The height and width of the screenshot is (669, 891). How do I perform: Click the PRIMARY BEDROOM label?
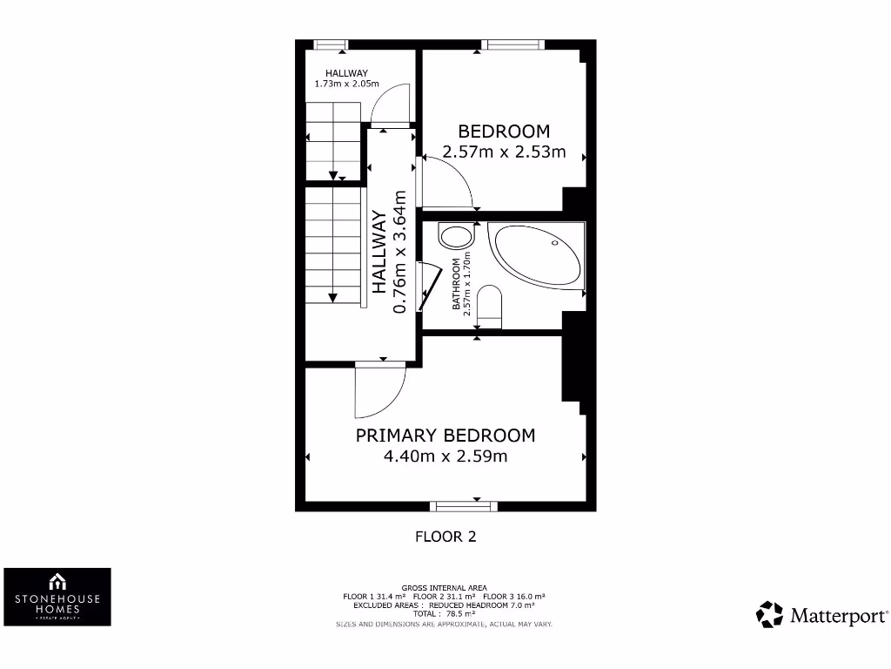pos(445,436)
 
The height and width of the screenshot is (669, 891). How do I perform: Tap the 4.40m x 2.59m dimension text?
pos(445,456)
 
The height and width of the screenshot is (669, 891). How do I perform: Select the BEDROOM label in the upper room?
pos(504,132)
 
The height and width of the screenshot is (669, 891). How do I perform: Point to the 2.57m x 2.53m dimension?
pos(504,152)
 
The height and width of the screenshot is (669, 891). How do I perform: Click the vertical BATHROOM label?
pos(456,285)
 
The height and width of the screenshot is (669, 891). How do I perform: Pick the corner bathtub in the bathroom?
pos(535,253)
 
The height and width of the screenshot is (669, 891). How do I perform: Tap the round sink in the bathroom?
pos(455,236)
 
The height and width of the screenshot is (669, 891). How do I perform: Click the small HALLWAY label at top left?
pos(347,73)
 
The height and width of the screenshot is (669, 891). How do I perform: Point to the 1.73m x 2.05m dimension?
pos(347,84)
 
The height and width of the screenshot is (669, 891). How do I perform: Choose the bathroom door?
pos(425,286)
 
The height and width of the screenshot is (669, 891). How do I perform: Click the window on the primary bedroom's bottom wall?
pos(463,505)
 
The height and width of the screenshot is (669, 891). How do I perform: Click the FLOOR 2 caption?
pos(445,537)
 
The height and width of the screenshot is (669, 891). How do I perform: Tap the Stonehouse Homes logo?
pos(57,597)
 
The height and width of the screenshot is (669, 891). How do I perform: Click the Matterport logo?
pos(822,615)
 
